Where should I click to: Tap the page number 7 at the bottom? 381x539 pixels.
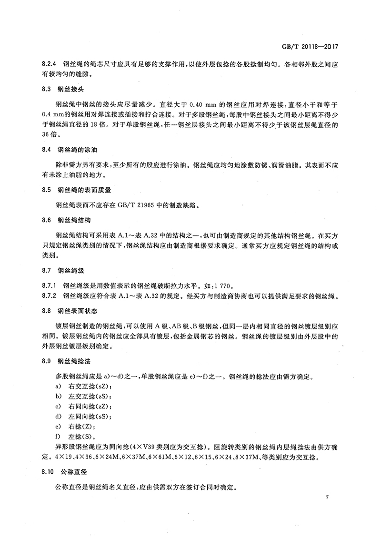[328, 498]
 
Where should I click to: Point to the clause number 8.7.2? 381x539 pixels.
[49, 296]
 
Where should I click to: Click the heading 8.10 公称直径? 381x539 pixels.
[65, 472]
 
